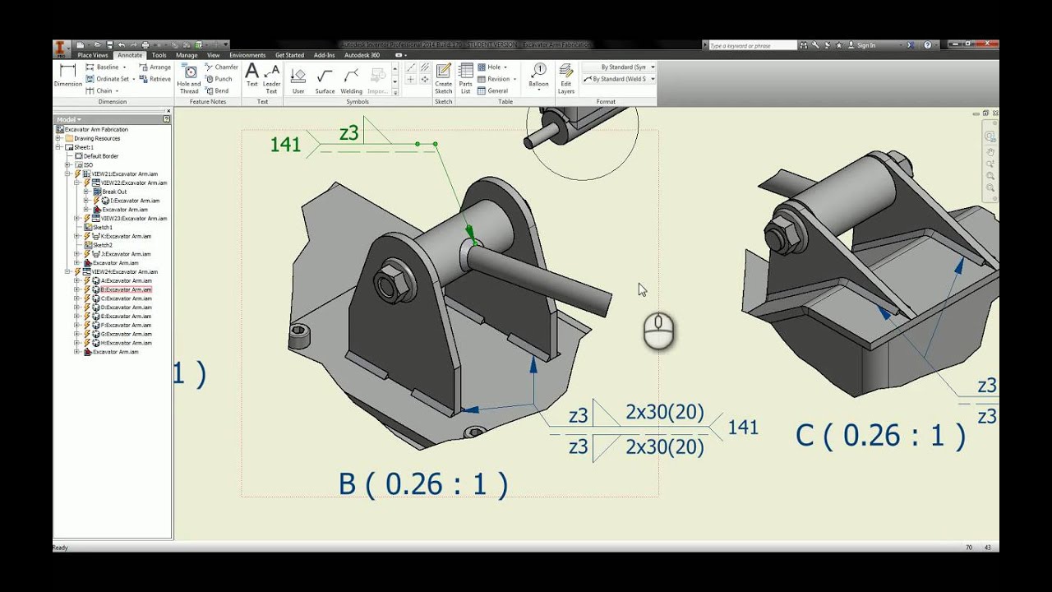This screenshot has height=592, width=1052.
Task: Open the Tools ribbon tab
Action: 159,55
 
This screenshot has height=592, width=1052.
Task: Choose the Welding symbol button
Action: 351,79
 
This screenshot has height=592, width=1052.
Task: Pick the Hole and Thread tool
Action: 189,78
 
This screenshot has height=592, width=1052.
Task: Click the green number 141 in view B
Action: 285,145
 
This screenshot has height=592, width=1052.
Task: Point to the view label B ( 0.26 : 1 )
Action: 423,483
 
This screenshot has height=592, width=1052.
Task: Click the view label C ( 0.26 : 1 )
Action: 880,435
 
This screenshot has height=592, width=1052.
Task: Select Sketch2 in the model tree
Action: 103,245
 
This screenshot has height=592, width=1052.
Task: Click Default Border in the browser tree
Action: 101,156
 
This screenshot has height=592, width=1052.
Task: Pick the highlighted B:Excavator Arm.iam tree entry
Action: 126,289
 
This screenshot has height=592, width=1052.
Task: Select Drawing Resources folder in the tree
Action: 97,138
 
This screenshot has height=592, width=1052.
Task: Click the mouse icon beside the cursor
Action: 658,331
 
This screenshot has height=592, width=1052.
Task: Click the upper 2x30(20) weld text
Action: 664,413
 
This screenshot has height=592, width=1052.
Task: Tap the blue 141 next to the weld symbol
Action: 743,428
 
